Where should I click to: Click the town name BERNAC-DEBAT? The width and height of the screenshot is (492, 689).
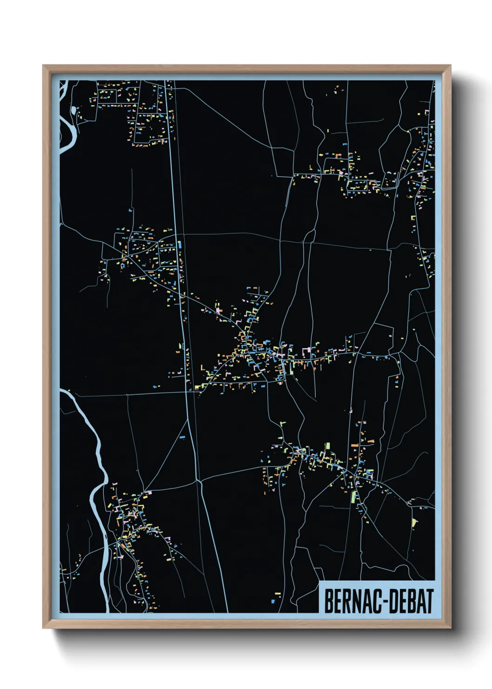point(379,601)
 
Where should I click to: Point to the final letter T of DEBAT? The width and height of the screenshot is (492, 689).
point(428,601)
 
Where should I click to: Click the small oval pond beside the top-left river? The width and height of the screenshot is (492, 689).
point(74,110)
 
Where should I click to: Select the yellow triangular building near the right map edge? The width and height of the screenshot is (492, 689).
point(414,522)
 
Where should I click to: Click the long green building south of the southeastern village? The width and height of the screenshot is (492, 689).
point(353,496)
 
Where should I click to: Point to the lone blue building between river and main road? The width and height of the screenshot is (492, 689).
point(182,437)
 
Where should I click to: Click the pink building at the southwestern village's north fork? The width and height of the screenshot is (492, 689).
point(146,493)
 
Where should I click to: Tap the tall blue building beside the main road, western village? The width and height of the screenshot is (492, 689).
point(180,244)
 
